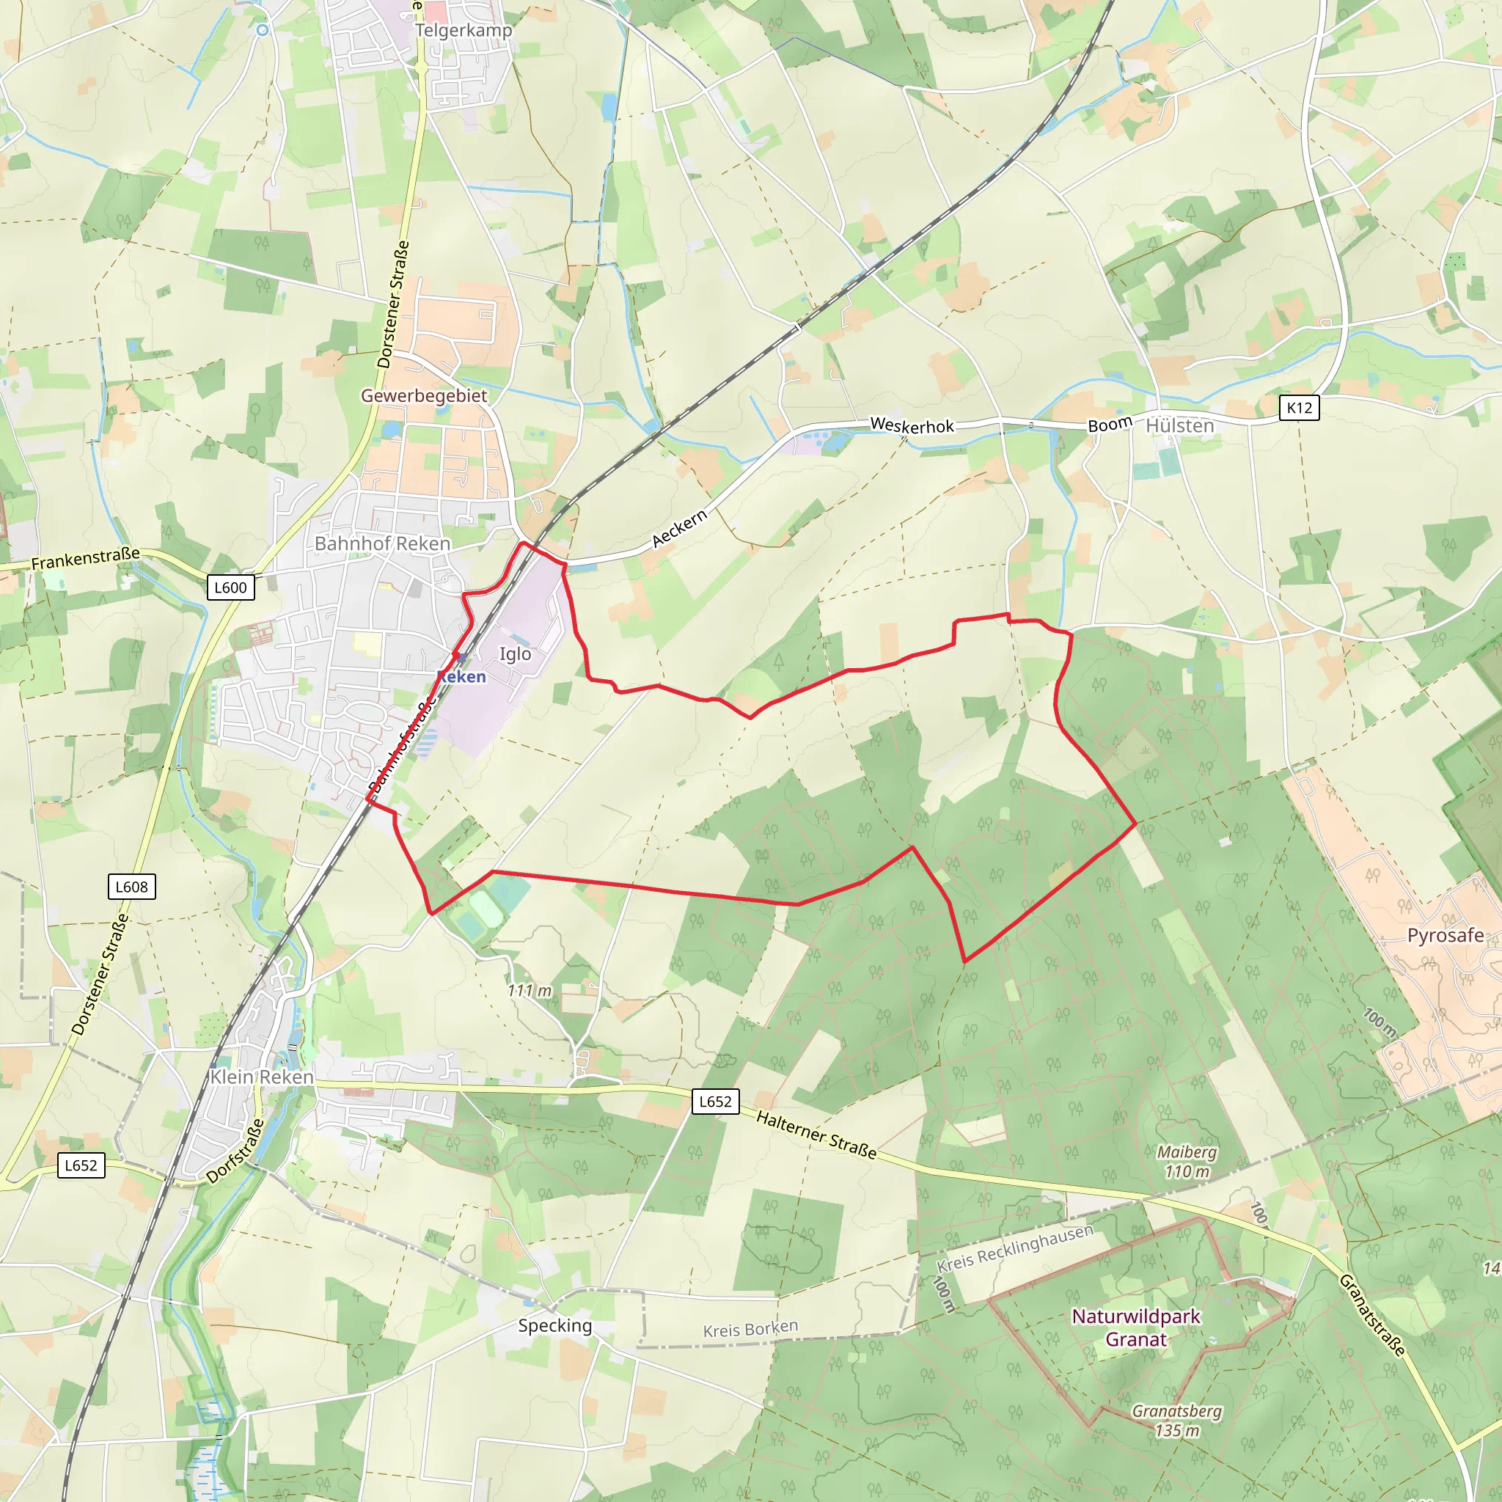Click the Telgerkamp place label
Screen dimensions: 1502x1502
point(464,30)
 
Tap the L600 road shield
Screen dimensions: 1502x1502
point(230,587)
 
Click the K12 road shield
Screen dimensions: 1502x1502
point(1299,407)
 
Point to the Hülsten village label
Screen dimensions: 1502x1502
point(1179,426)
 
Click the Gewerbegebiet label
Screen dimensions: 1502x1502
point(424,396)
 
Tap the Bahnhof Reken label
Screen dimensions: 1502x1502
point(383,543)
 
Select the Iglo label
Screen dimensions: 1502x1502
point(515,653)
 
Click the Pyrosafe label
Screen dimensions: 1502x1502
point(1446,935)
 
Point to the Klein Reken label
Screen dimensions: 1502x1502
point(262,1077)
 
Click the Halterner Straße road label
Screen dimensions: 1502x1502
point(816,1135)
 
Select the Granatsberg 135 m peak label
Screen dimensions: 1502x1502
point(1176,1421)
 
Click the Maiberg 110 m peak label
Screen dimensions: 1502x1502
point(1187,1162)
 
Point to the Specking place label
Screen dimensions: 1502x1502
point(555,1325)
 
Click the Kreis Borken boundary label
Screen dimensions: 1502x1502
point(750,1330)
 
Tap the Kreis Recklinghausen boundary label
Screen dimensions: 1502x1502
point(1014,1247)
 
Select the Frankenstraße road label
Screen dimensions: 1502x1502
point(86,557)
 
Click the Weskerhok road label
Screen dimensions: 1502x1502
point(912,425)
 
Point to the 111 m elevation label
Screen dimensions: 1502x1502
point(530,990)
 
